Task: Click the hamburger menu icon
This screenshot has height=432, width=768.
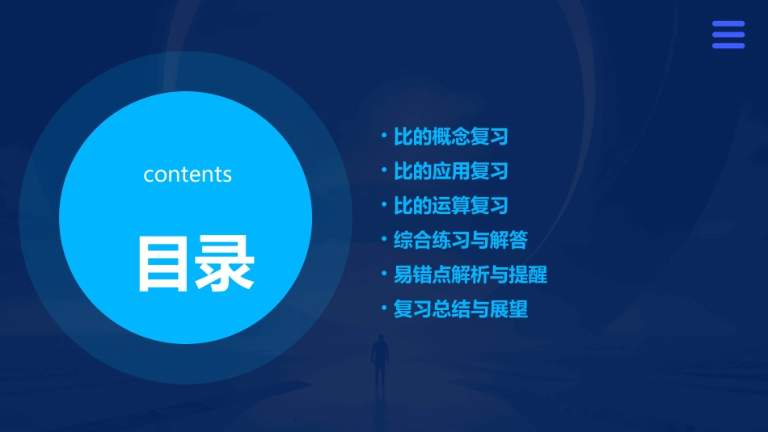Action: coord(728,35)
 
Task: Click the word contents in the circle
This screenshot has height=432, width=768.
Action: coord(188,174)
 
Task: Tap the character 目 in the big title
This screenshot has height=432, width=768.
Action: coord(162,263)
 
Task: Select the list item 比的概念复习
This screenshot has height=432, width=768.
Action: coord(450,136)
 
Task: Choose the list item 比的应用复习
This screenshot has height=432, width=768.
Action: coord(450,171)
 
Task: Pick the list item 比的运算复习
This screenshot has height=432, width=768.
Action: coord(450,206)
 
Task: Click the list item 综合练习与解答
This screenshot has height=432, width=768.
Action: coord(460,240)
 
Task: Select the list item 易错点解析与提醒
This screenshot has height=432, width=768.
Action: coord(470,275)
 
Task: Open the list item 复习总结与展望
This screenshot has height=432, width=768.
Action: coord(460,309)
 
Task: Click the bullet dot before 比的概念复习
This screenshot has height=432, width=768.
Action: coord(384,136)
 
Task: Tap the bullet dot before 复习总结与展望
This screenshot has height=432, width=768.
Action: coord(384,308)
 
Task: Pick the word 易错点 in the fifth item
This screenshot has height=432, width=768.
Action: coord(422,275)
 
